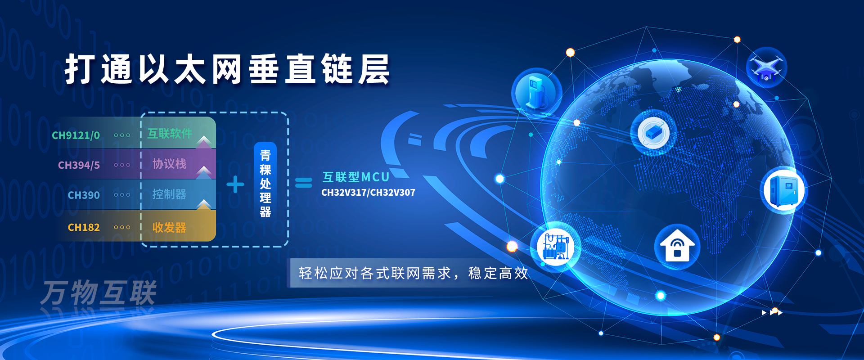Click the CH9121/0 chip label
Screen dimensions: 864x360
tap(76, 135)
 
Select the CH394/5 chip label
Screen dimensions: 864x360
tap(79, 165)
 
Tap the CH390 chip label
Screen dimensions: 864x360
tap(84, 195)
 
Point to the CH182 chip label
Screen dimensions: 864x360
tap(84, 228)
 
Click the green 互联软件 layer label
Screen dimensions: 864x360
tap(170, 134)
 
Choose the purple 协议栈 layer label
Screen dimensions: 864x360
tap(169, 164)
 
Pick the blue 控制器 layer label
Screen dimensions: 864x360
tap(169, 194)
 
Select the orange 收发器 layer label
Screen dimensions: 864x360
tap(169, 228)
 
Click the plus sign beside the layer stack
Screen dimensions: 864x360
tap(235, 184)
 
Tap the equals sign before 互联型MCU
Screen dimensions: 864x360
tap(303, 183)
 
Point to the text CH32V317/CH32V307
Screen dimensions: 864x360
tap(368, 193)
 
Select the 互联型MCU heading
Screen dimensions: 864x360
tap(355, 177)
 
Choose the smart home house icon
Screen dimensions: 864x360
tap(677, 246)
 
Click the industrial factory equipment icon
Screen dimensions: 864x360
tap(557, 245)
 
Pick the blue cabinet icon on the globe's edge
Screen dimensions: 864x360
tap(784, 190)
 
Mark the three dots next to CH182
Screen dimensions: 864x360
tap(122, 228)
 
